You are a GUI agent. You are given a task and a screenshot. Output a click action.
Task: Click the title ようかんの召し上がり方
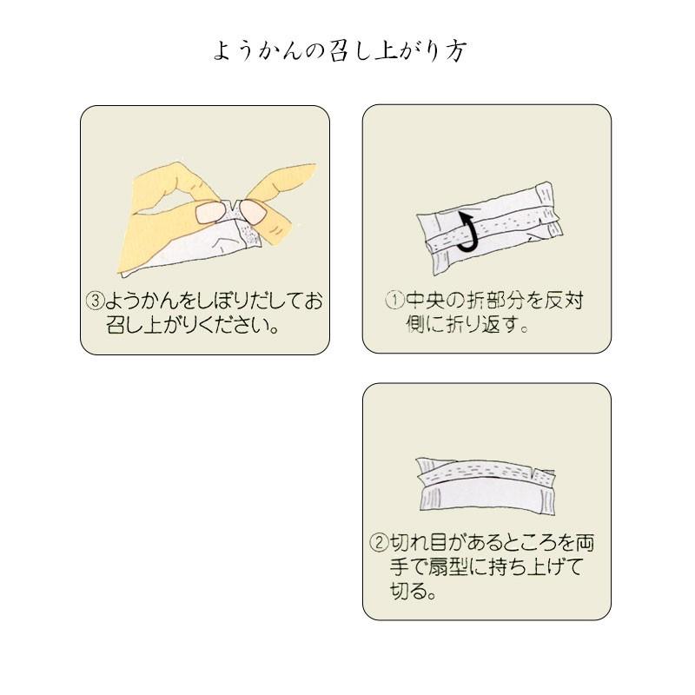click(x=341, y=51)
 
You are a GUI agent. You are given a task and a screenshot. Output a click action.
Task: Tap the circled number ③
click(x=96, y=302)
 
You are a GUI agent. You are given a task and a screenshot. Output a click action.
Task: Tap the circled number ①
click(x=395, y=302)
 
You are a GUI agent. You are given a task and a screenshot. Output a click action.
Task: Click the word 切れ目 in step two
click(x=420, y=544)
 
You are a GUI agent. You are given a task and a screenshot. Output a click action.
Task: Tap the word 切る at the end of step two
click(x=401, y=592)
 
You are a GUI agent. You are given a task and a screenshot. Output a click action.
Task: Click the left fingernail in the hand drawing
click(x=206, y=211)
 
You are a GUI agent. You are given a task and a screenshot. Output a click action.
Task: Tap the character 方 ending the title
click(x=457, y=51)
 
